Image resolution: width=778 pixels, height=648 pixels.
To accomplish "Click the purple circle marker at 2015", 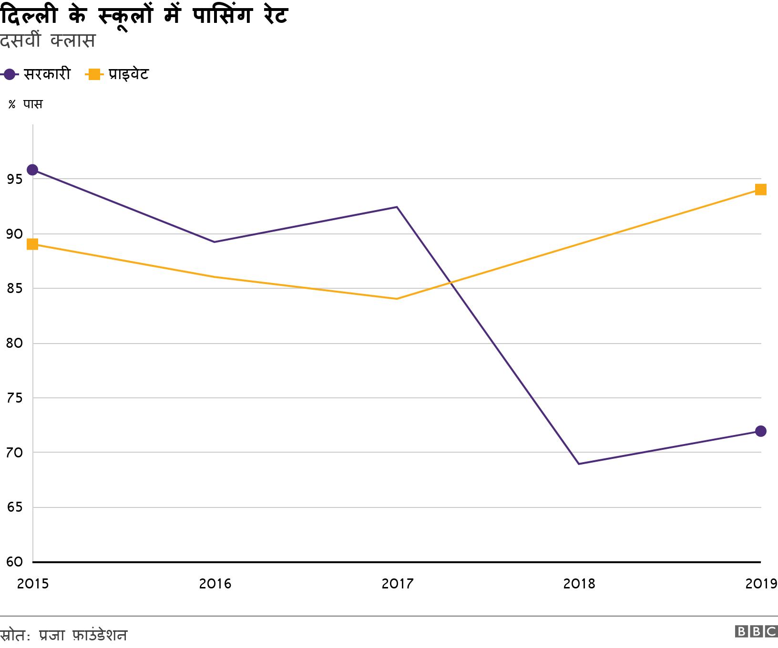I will (32, 170).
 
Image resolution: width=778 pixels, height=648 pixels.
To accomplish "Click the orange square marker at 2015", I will (32, 244).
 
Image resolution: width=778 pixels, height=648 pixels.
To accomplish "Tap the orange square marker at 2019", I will (760, 190).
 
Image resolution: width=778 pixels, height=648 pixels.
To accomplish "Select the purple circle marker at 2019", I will (760, 431).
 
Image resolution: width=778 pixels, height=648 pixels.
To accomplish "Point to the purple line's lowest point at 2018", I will (579, 464).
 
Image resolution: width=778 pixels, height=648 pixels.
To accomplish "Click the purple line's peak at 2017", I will (397, 207).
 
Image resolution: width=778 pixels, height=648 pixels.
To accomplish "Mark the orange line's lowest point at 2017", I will (397, 299).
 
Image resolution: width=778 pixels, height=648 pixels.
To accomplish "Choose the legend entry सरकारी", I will (47, 74).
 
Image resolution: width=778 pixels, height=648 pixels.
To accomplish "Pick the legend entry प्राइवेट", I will (128, 74).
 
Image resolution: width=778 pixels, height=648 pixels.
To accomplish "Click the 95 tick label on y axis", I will (15, 180).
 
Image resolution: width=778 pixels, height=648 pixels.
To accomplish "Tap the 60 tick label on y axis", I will (15, 562).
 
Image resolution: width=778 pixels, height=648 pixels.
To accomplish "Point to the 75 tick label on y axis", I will (15, 398).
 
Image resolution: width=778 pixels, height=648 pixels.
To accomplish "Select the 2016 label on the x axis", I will (215, 584).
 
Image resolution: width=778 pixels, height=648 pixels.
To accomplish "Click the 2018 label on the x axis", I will (579, 584).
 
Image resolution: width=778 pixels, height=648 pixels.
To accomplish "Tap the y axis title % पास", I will (26, 104).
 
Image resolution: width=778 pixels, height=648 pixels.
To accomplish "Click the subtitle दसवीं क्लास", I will (48, 41).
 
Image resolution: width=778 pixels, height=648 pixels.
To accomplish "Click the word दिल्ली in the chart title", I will (29, 15).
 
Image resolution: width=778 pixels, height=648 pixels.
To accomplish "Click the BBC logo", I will (756, 631).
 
